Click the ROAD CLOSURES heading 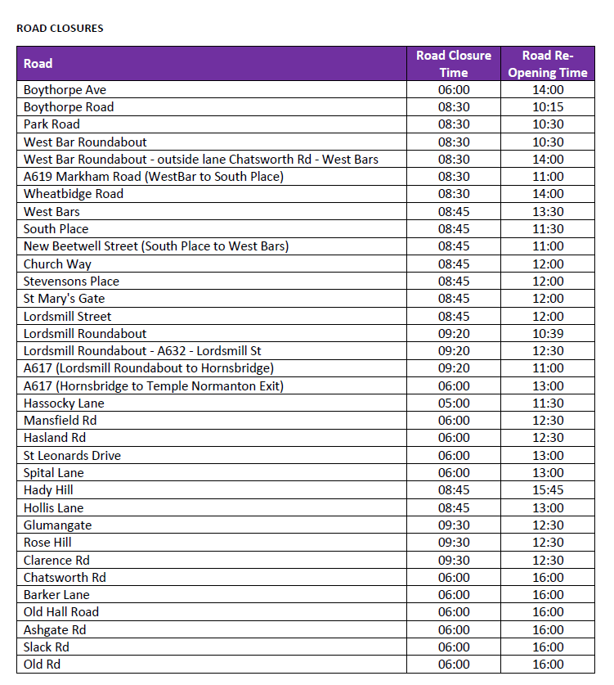coord(60,28)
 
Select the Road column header coord(38,64)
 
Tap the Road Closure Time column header coord(454,64)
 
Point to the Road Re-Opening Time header coord(548,64)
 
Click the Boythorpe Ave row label coord(65,90)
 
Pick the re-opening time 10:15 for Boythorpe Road coord(548,107)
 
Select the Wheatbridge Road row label coord(74,194)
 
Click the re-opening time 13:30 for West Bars coord(548,212)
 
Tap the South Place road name coord(56,229)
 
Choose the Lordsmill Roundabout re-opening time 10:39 coord(548,334)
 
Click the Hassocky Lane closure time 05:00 coord(454,403)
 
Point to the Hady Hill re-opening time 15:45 coord(548,490)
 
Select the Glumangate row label coord(57,525)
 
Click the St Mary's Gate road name coord(64,299)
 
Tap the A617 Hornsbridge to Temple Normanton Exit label coord(154,386)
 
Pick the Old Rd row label coord(42,665)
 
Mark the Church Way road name coord(57,264)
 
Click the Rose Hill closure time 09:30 coord(454,543)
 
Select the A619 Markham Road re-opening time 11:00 coord(548,177)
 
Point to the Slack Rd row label coord(46,647)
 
